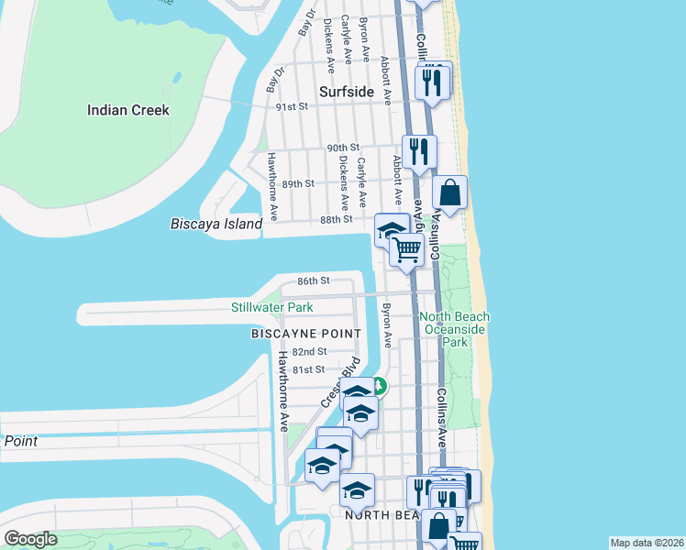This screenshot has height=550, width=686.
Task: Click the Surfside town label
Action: [x=347, y=92]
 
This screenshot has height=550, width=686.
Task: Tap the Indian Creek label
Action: [x=128, y=110]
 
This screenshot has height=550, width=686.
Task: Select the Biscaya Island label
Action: [x=216, y=223]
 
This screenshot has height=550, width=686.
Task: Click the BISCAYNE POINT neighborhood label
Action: [x=305, y=334]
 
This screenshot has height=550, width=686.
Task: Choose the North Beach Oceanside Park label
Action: [x=454, y=329]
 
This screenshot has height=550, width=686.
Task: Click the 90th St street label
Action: [x=342, y=148]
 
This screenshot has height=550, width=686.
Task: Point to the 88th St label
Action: [x=337, y=219]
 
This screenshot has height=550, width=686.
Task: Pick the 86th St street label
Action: [x=313, y=280]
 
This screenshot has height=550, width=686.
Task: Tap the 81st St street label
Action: [x=308, y=369]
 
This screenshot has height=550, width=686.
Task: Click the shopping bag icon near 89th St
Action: [x=449, y=192]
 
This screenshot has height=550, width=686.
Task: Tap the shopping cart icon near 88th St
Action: [x=407, y=248]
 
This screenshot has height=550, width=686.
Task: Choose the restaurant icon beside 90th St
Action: [x=419, y=151]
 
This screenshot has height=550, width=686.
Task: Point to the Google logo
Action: [x=30, y=539]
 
